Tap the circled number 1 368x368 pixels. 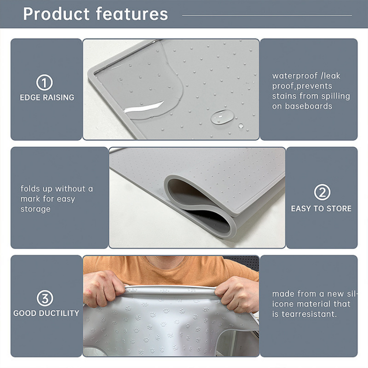[x=45, y=83]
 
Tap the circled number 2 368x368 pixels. [x=322, y=192]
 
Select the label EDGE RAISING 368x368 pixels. [x=47, y=98]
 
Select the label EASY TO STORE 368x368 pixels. [x=321, y=208]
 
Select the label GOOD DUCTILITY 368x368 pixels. [x=46, y=313]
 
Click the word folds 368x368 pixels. [x=30, y=189]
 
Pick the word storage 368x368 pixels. [x=35, y=209]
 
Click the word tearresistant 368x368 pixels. [x=310, y=314]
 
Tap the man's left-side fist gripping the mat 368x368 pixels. [x=103, y=288]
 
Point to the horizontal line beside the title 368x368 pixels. [x=267, y=15]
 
